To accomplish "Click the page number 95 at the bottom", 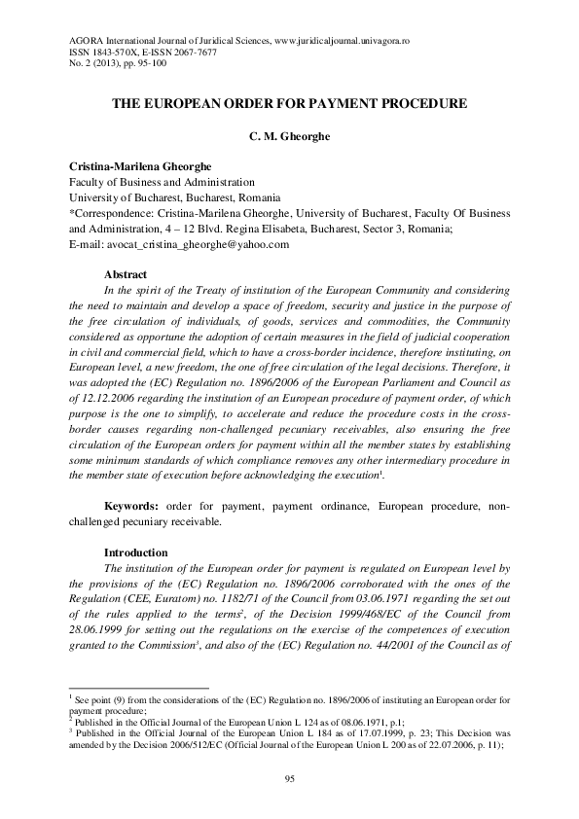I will [289, 778].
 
